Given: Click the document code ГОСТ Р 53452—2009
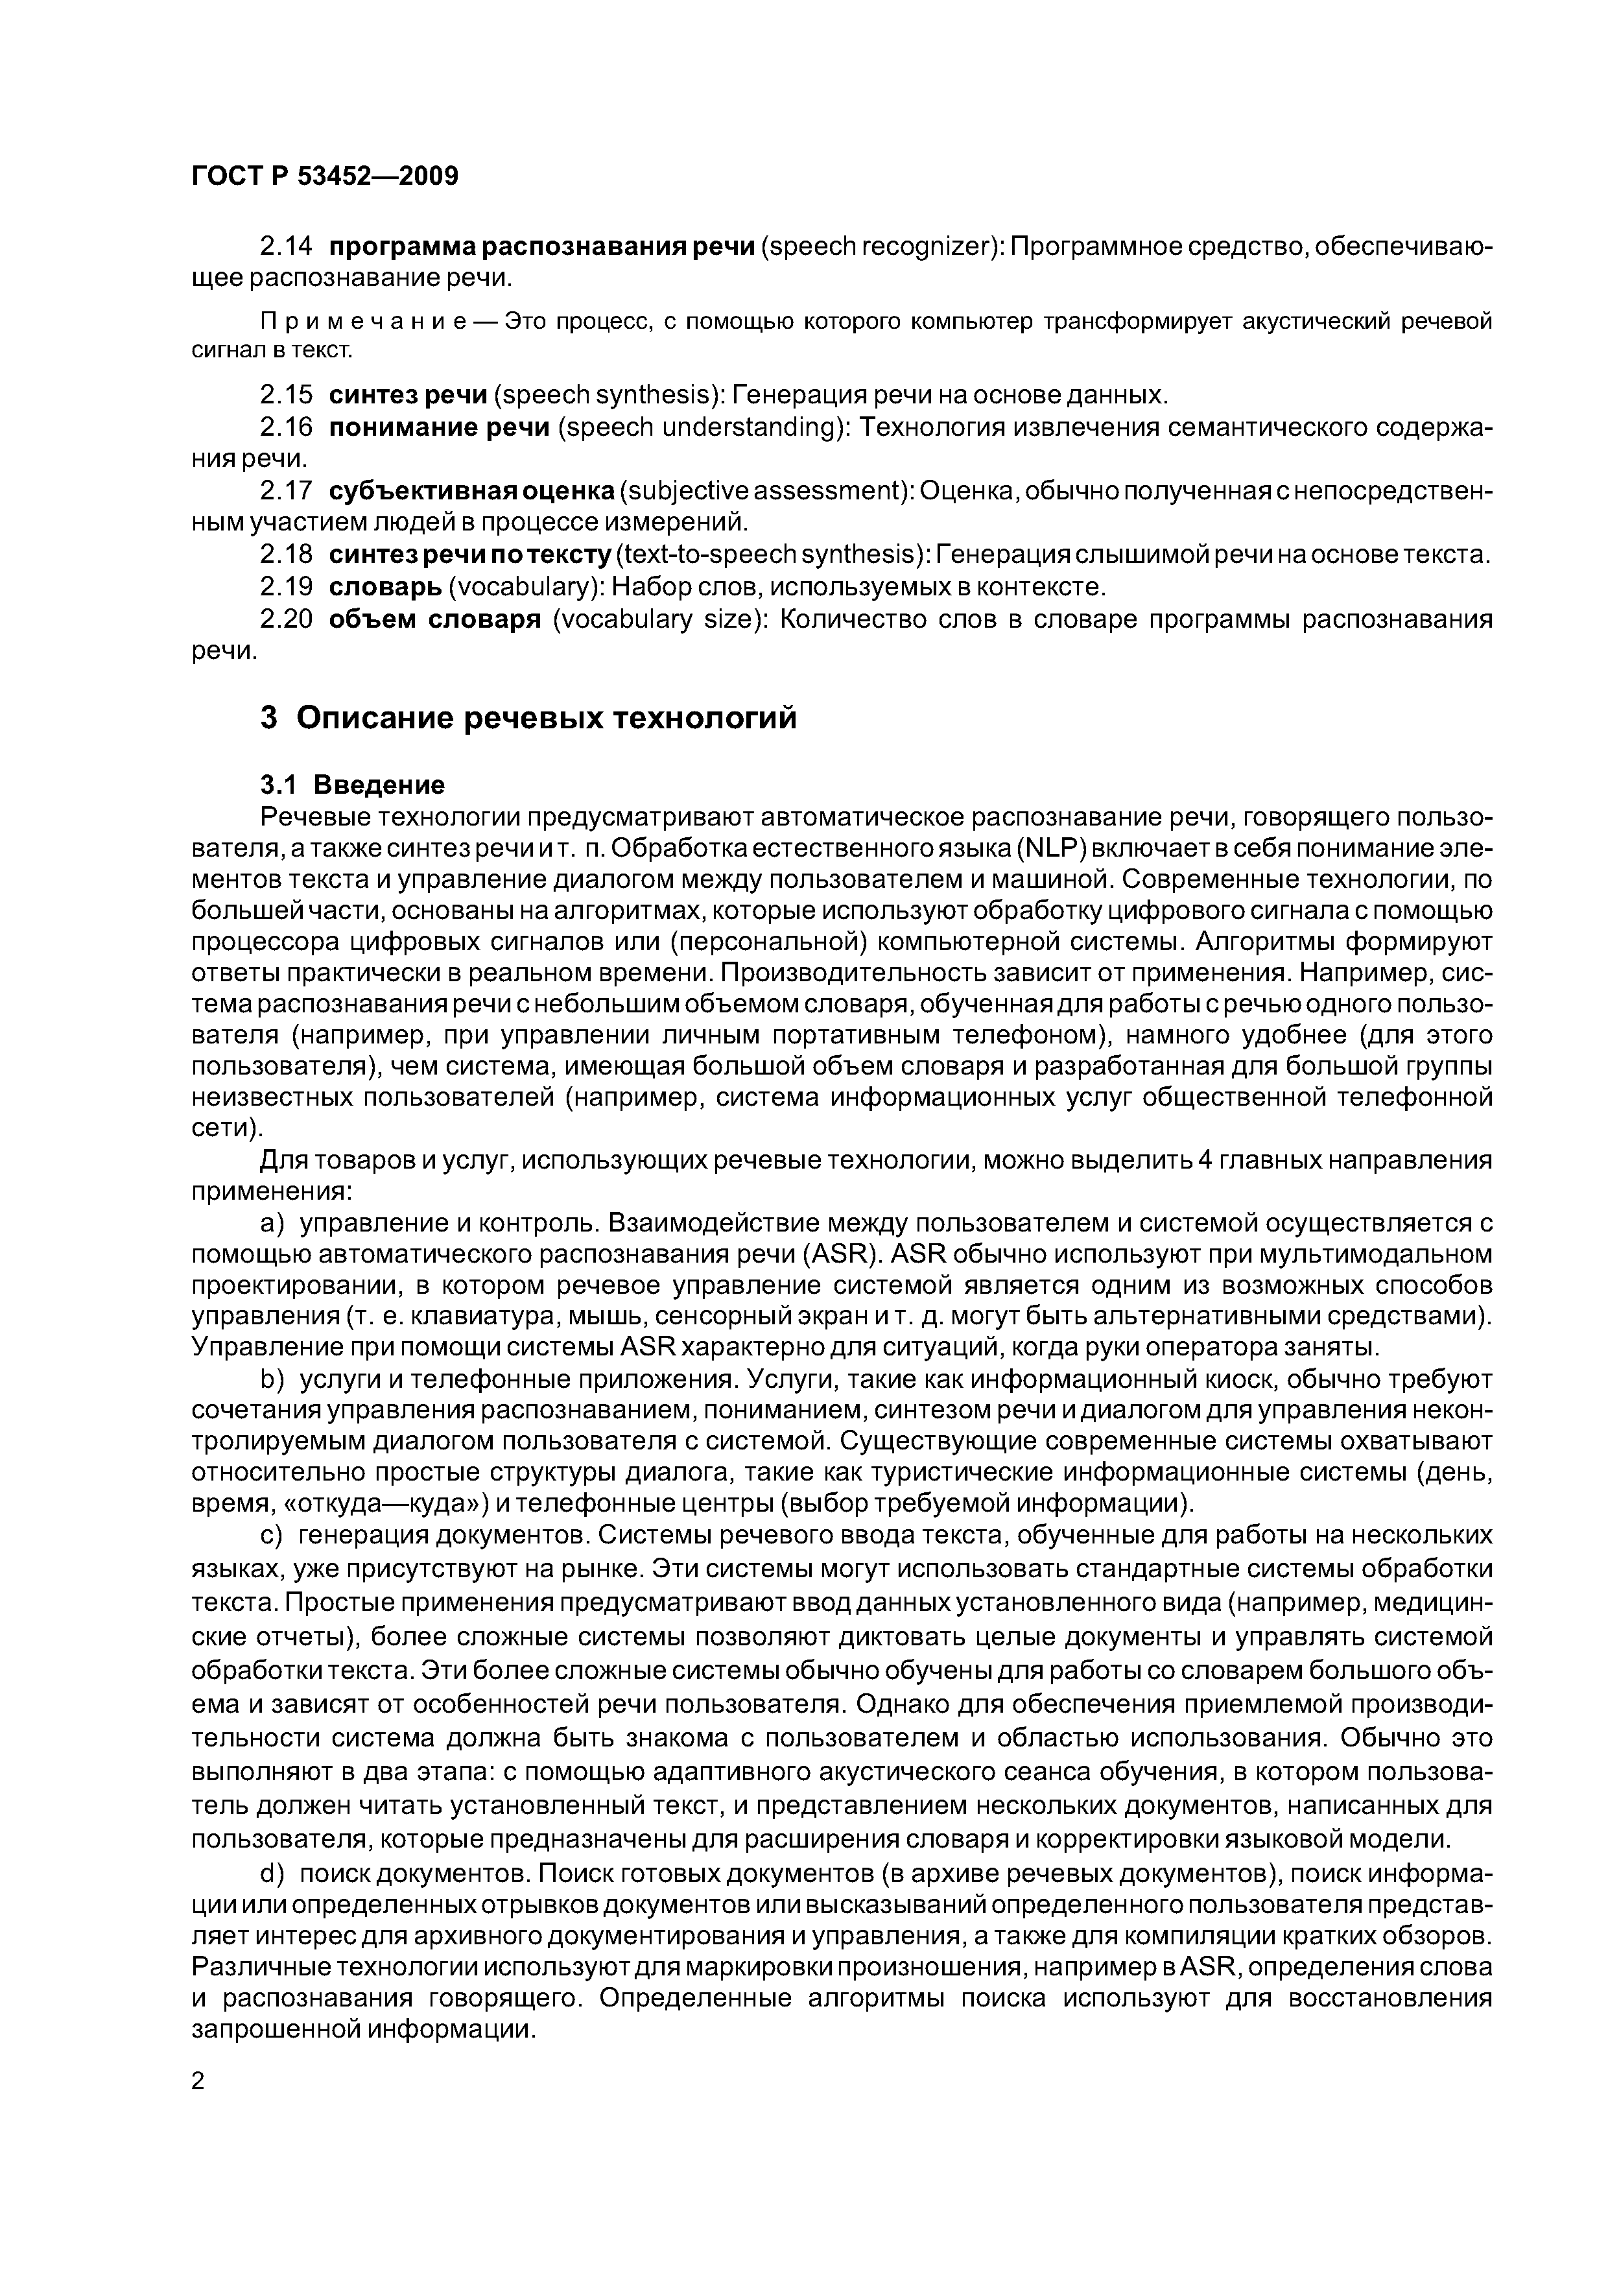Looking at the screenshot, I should click(x=324, y=176).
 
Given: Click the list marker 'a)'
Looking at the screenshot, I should click(x=270, y=1222).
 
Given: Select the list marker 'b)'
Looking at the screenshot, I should click(x=270, y=1379).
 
